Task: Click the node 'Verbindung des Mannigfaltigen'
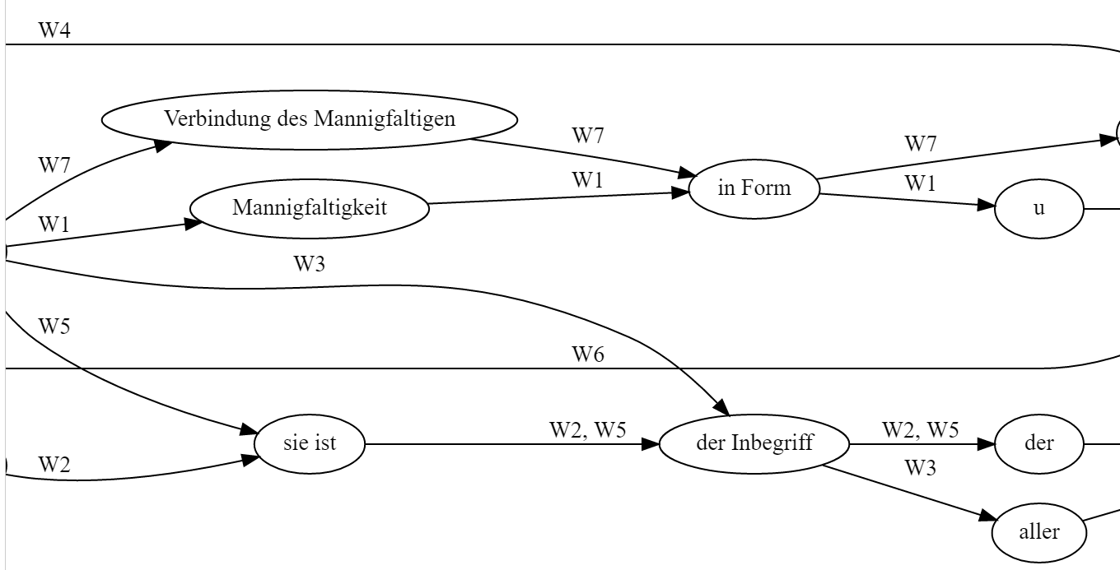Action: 310,119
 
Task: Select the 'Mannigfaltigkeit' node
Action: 310,206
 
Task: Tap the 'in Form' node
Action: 754,188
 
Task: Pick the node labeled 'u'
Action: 1039,208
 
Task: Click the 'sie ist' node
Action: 310,444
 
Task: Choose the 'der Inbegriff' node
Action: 754,444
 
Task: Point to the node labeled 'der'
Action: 1039,444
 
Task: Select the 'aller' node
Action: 1039,532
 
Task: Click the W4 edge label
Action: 54,31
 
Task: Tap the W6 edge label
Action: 588,355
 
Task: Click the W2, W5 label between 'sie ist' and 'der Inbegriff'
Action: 588,430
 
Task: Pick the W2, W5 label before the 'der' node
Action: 921,430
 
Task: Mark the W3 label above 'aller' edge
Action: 921,469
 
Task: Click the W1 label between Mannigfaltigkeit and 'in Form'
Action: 588,180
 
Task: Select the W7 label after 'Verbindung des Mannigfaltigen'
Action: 588,137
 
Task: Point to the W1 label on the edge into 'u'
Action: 921,184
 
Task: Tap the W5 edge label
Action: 54,326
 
